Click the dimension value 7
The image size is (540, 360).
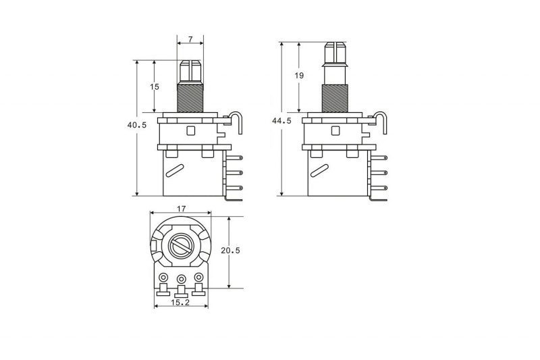pos(190,39)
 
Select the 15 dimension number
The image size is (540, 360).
pos(155,87)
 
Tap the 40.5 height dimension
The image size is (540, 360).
pos(137,125)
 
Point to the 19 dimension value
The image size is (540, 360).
pos(299,76)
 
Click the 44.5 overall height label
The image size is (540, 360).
pos(281,121)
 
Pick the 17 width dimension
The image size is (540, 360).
pos(181,209)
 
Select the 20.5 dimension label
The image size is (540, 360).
pos(230,251)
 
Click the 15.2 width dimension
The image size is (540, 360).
pos(180,303)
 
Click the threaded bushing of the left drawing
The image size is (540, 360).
pos(190,99)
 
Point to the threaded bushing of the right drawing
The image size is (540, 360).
pos(335,99)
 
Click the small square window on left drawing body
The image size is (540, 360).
pos(190,130)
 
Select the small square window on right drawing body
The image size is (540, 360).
pos(335,130)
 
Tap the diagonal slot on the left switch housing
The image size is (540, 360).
pos(175,171)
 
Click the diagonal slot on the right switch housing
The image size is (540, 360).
pos(319,171)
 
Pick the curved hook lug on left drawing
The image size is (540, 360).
pos(236,123)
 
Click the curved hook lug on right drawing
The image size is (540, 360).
pos(381,123)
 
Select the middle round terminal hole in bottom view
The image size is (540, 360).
pos(181,279)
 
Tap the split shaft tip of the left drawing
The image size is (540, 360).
pos(190,72)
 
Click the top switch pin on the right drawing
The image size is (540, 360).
pos(379,158)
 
